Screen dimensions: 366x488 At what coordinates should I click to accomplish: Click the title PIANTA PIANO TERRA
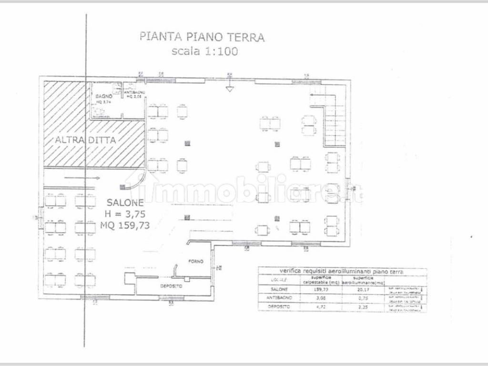[201, 37]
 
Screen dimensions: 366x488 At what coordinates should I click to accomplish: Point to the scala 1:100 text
[204, 51]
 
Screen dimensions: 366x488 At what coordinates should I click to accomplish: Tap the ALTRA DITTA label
[82, 140]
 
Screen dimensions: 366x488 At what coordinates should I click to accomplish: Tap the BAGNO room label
[103, 96]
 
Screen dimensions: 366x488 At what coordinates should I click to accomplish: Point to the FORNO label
[195, 262]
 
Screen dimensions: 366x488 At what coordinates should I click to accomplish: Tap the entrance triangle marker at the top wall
[229, 89]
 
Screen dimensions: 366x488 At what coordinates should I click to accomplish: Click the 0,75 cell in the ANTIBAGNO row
[364, 298]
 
